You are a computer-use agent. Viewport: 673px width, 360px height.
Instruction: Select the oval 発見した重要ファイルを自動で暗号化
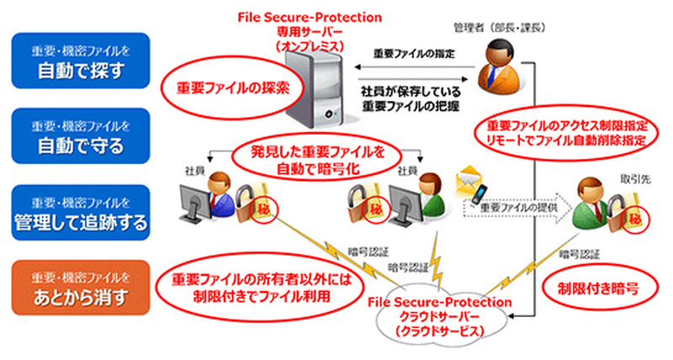tap(318, 158)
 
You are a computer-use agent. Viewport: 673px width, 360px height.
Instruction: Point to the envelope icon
tap(468, 179)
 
